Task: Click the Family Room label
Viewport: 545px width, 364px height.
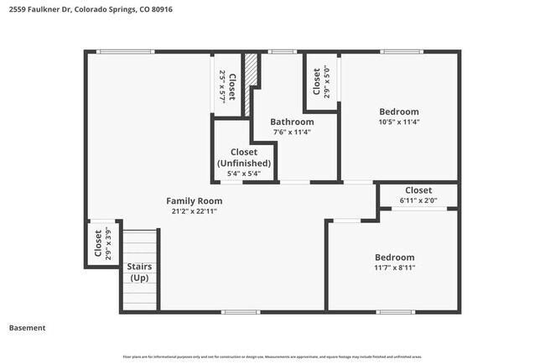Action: click(194, 200)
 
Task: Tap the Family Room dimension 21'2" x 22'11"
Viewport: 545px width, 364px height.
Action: click(194, 211)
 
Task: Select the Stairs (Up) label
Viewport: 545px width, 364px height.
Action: click(139, 272)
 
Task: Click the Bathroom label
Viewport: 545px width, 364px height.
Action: click(292, 122)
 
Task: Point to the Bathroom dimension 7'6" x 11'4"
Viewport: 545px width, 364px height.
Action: click(292, 132)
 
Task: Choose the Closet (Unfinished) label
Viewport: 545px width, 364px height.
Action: click(244, 158)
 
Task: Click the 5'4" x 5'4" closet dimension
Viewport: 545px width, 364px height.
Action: click(244, 174)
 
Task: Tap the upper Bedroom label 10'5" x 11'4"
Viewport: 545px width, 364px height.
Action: click(399, 112)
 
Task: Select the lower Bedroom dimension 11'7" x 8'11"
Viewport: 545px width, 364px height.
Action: click(394, 268)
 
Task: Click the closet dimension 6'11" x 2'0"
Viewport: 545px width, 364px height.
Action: click(418, 200)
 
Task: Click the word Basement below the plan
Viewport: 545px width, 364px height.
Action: click(27, 328)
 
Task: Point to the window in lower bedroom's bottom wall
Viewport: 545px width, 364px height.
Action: click(395, 312)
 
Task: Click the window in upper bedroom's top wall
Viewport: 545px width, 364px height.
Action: click(399, 52)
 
